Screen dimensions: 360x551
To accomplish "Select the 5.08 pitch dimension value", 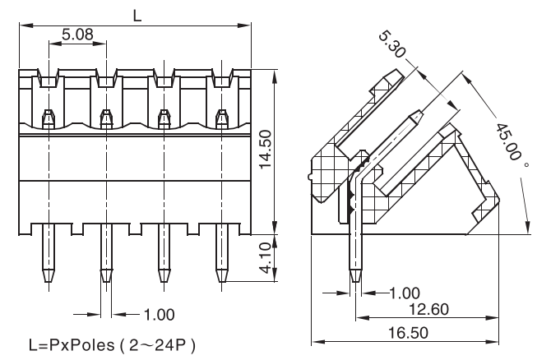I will (x=77, y=35).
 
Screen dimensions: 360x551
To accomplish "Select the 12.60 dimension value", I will (x=431, y=309).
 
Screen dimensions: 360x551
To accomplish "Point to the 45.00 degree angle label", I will (x=512, y=141).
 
